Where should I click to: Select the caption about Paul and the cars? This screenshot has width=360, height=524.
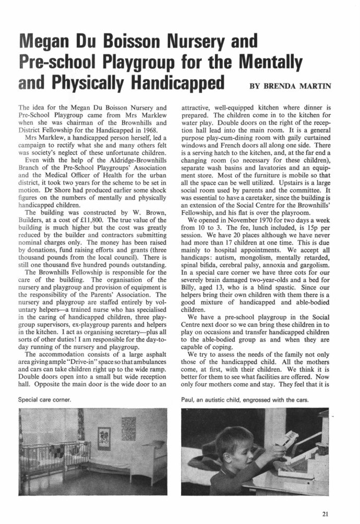[x=242, y=399]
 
